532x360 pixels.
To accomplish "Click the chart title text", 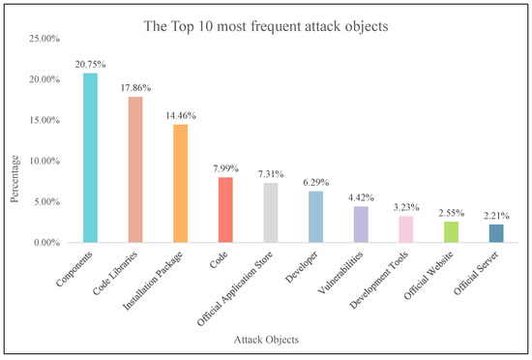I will point(266,26).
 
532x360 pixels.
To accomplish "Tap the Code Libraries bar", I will point(135,169).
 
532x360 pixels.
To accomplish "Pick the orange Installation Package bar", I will point(180,184).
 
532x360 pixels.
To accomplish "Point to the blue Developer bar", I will point(315,217).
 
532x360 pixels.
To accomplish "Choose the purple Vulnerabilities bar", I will point(361,225).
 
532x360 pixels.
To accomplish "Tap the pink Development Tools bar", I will point(405,229).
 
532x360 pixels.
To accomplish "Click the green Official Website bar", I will point(451,232).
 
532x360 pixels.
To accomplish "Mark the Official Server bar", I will point(495,233).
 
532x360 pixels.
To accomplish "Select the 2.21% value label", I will point(495,215).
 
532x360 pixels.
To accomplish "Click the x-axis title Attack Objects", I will point(265,342).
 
